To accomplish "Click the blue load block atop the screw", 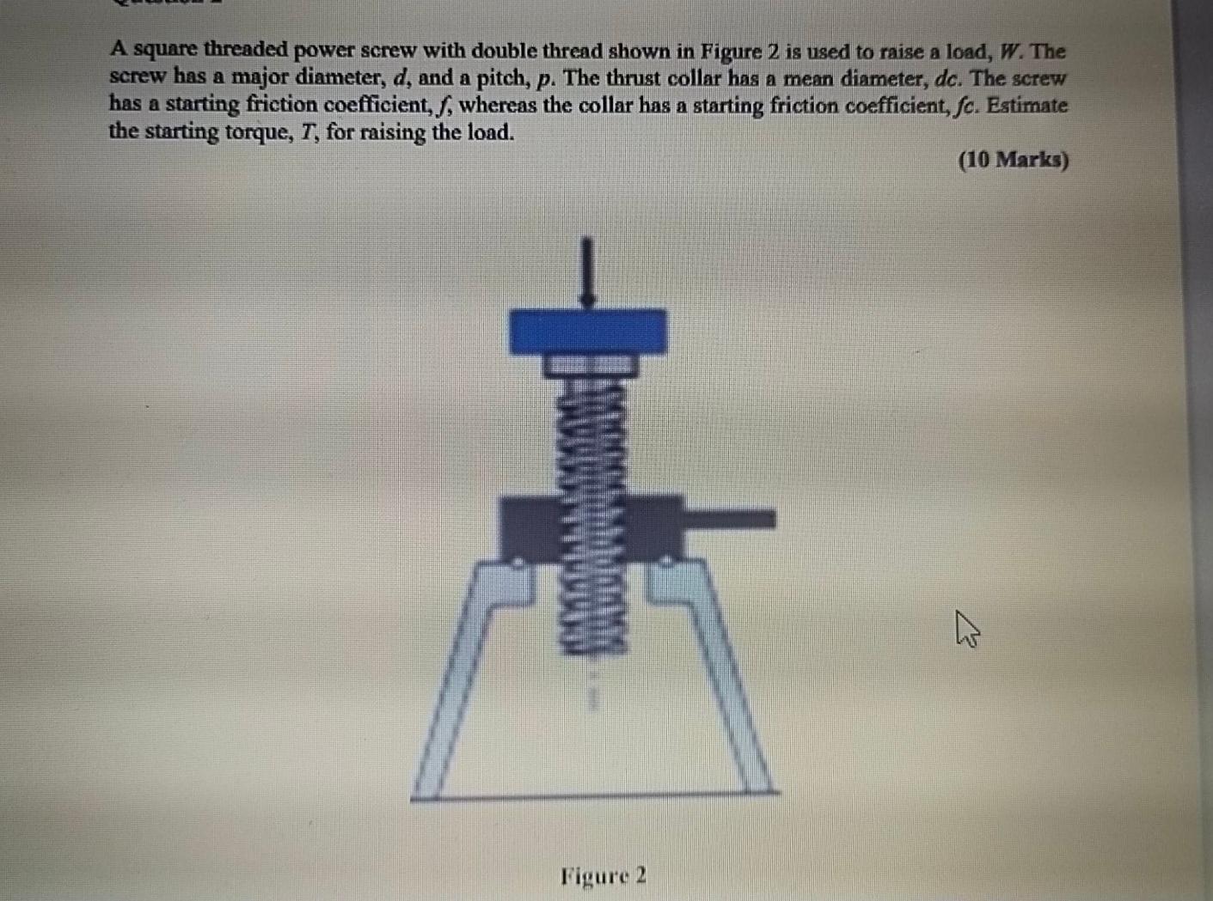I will pos(588,332).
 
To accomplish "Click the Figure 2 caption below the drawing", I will pos(603,876).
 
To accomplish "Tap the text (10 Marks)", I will pos(1014,160).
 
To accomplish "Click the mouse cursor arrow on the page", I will pos(965,627).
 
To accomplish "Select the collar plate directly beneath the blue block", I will pos(590,364).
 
